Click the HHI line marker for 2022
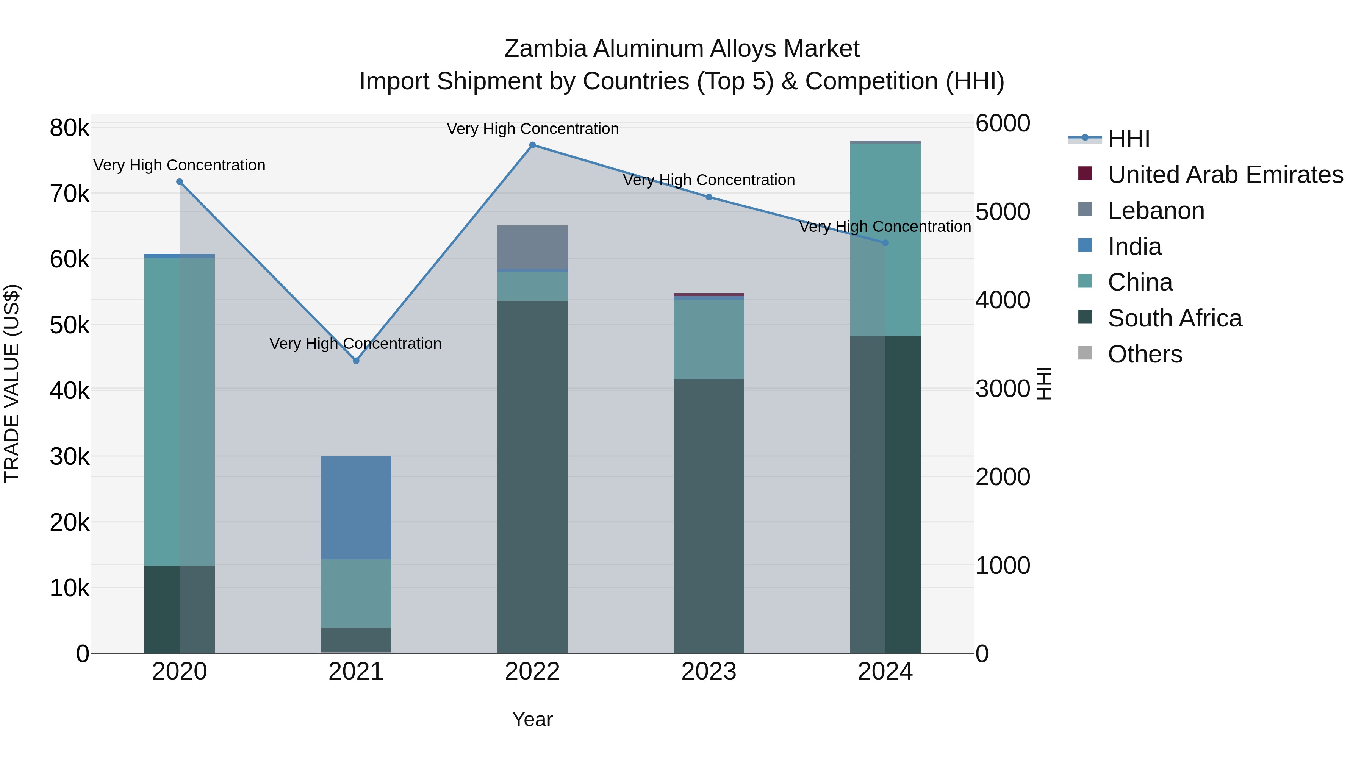click(532, 145)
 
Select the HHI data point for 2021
click(356, 361)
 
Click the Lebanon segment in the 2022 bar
click(532, 247)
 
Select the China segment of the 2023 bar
click(709, 339)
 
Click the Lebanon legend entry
click(1156, 211)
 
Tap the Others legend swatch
click(1085, 353)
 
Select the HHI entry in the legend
click(1128, 139)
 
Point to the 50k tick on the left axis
click(70, 325)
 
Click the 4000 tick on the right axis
click(1002, 300)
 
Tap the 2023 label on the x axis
click(709, 672)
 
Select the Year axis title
click(532, 719)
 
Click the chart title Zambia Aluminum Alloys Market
click(682, 49)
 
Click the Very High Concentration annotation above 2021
click(355, 344)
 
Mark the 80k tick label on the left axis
click(70, 128)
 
